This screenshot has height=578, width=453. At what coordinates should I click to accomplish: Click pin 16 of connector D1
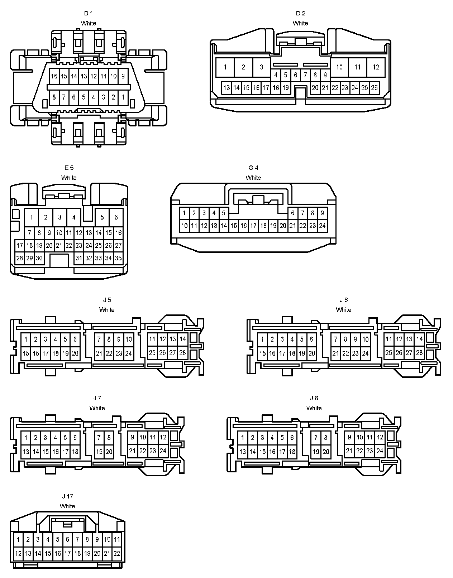tap(54, 76)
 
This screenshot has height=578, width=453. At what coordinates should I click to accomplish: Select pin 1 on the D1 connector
tap(123, 97)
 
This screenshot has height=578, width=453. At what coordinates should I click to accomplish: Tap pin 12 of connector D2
tap(376, 67)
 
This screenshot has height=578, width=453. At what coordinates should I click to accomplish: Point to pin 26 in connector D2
tap(375, 87)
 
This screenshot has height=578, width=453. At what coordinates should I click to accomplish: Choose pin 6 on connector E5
tap(116, 217)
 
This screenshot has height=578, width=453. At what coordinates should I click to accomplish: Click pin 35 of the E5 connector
tap(118, 258)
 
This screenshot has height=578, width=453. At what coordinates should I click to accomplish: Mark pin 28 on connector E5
tap(20, 258)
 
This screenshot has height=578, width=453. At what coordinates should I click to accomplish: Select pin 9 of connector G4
tap(322, 213)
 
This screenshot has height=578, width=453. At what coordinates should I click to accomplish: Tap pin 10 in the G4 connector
tap(184, 226)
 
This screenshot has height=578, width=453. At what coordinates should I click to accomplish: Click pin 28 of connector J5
tap(183, 353)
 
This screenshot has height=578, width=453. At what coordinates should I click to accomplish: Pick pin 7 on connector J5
tap(99, 339)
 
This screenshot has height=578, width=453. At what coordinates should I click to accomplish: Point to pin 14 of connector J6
tap(420, 339)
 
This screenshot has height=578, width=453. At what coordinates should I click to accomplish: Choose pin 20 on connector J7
tap(109, 452)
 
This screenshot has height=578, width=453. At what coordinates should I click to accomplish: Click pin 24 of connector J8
tap(380, 451)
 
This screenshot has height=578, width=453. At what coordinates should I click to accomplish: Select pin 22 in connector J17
tap(117, 553)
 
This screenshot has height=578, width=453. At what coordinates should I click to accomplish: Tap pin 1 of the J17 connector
tap(18, 539)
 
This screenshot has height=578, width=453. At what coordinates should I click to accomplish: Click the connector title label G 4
tap(253, 168)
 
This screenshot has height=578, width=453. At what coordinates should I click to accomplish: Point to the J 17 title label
tap(67, 496)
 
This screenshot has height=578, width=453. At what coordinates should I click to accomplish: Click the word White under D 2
tap(300, 23)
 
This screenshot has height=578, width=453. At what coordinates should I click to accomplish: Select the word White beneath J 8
tap(314, 408)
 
